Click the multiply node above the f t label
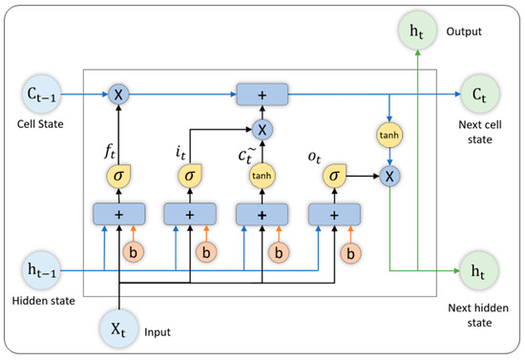tap(118, 94)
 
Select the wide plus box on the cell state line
tap(262, 94)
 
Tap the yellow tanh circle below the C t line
tap(389, 136)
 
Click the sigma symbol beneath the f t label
tap(118, 176)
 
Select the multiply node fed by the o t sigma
tap(389, 176)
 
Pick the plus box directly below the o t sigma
tap(335, 217)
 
